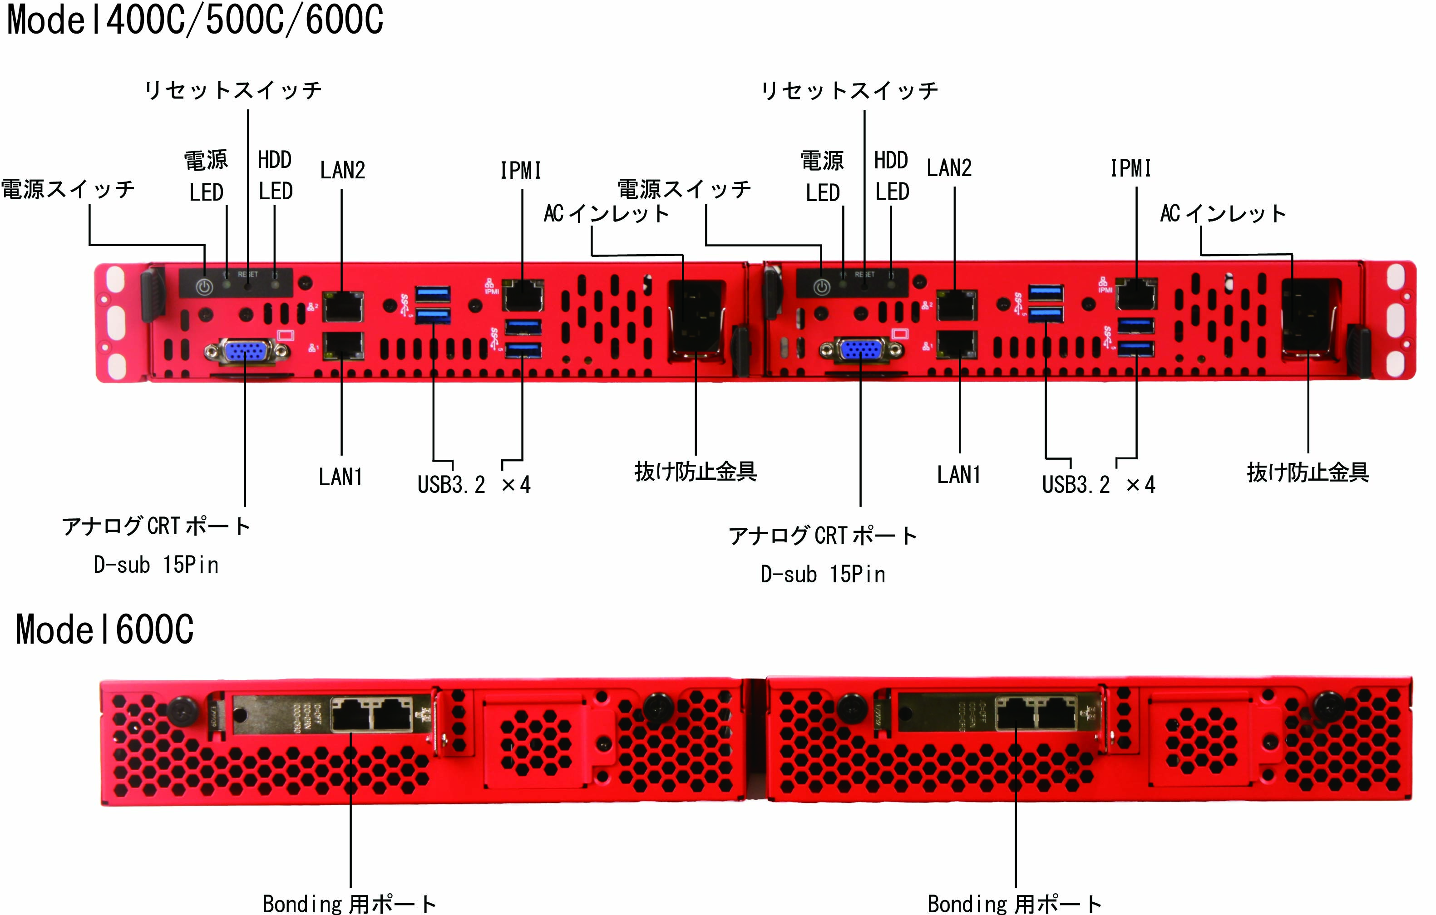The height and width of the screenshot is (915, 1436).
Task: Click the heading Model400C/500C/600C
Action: [x=195, y=20]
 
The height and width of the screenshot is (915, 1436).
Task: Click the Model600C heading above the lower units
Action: [x=104, y=630]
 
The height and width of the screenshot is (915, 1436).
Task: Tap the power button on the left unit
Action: [x=205, y=287]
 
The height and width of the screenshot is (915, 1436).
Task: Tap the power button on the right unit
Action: [x=822, y=287]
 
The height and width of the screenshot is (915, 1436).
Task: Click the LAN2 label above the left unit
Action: [x=342, y=171]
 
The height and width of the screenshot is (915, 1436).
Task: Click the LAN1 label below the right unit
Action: [x=958, y=475]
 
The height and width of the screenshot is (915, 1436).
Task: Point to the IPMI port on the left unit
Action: [x=523, y=295]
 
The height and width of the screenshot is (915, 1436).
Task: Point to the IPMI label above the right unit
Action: [x=1130, y=169]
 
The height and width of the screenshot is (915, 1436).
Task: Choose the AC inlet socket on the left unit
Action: [x=696, y=316]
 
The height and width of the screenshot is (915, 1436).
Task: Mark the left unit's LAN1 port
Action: [x=343, y=346]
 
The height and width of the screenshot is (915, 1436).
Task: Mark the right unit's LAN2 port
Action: [x=957, y=305]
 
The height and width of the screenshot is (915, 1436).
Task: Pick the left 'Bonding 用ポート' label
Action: [x=350, y=904]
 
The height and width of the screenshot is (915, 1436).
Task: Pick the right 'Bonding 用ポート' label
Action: [x=1014, y=904]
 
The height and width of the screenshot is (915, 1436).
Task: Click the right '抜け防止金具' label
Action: [x=1308, y=472]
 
